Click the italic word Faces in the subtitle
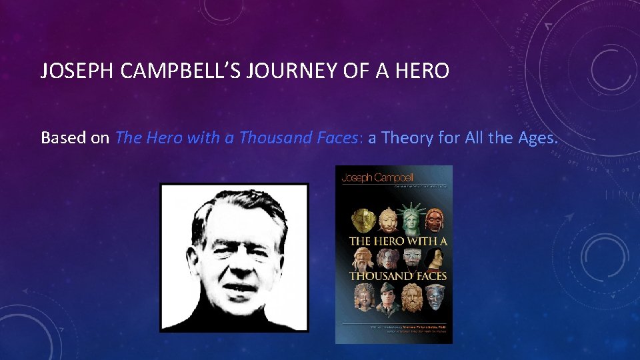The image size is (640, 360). pyautogui.click(x=331, y=138)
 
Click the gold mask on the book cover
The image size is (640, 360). pyautogui.click(x=364, y=217)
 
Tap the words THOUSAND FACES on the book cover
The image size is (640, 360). pyautogui.click(x=398, y=275)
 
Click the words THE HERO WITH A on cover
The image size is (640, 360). pyautogui.click(x=398, y=241)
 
